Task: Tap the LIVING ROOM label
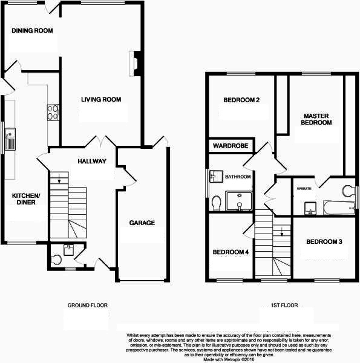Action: point(101,99)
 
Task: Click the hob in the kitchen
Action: point(53,113)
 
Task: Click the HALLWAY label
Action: point(91,161)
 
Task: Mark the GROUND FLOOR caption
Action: point(88,306)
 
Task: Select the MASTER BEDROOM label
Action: point(318,119)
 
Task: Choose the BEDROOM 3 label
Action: point(324,242)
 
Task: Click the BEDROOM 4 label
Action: point(231,252)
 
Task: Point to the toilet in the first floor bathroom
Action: point(217,201)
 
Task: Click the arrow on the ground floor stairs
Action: point(60,178)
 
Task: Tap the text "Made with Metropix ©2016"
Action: point(234,359)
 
